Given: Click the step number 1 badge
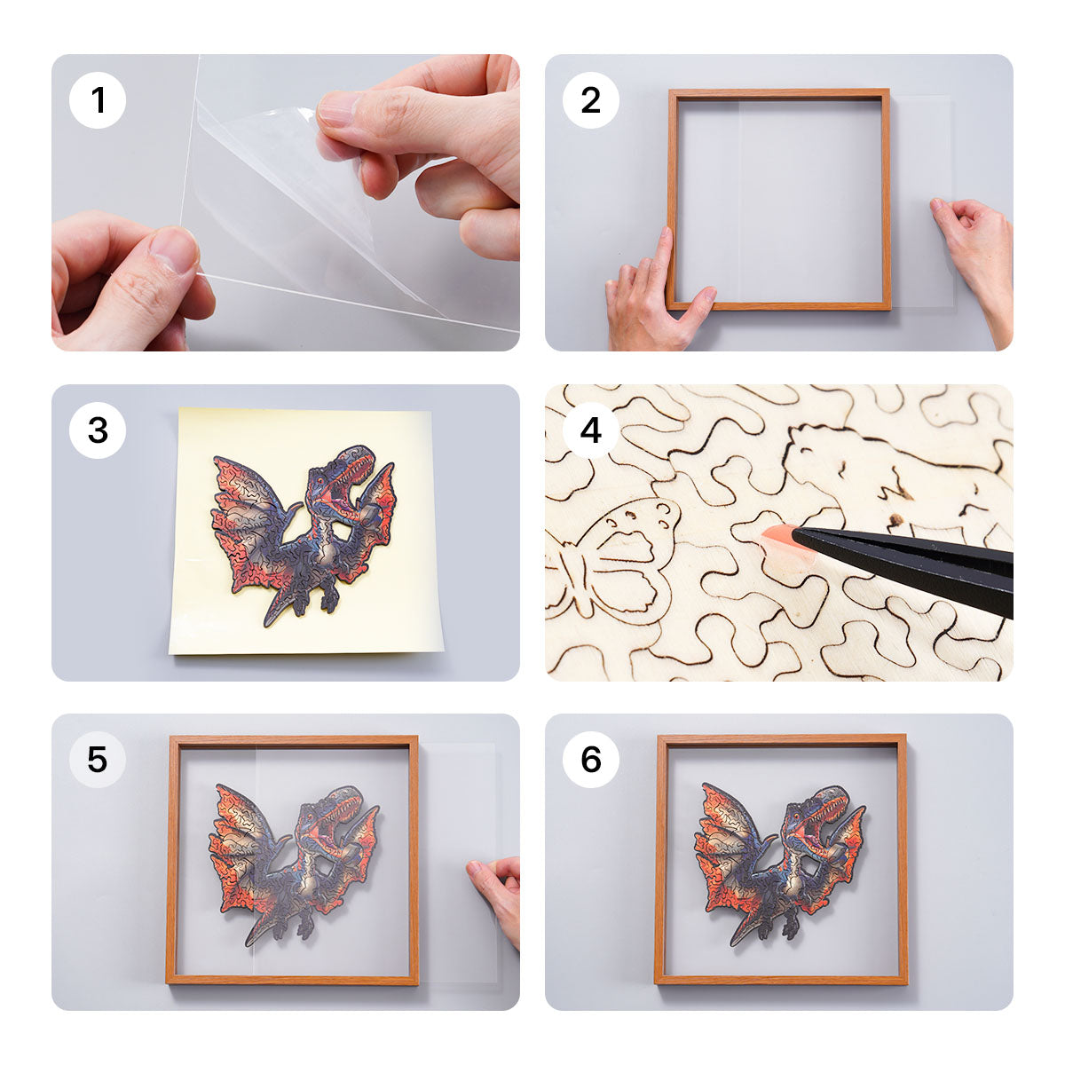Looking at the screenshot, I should (98, 100).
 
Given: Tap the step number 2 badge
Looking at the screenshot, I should (591, 100).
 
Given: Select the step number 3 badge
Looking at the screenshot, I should (98, 430).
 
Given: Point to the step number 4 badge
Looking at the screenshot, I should (591, 430).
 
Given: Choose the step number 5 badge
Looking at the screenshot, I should (98, 760).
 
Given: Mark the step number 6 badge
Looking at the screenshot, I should (591, 760).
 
